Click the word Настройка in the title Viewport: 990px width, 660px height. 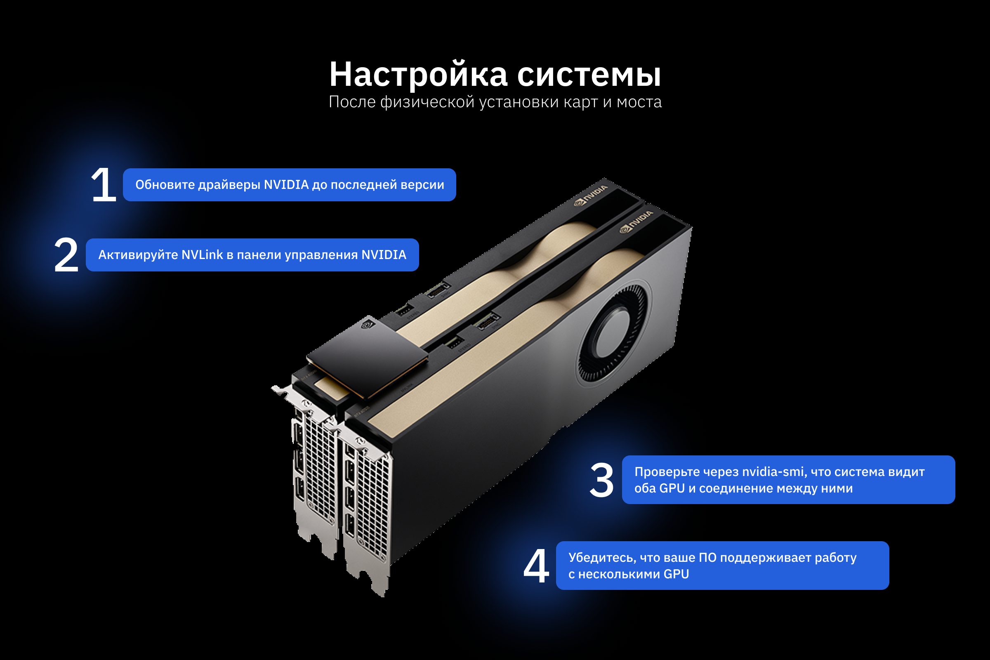pyautogui.click(x=418, y=75)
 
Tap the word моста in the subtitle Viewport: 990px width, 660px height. pyautogui.click(x=639, y=102)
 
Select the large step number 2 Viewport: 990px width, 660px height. pyautogui.click(x=66, y=255)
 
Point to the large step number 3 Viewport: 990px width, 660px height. pyautogui.click(x=601, y=480)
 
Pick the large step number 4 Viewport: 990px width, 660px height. pyautogui.click(x=536, y=566)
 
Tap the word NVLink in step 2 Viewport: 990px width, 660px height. pyautogui.click(x=202, y=255)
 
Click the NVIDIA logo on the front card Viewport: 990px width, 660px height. pyautogui.click(x=636, y=222)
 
